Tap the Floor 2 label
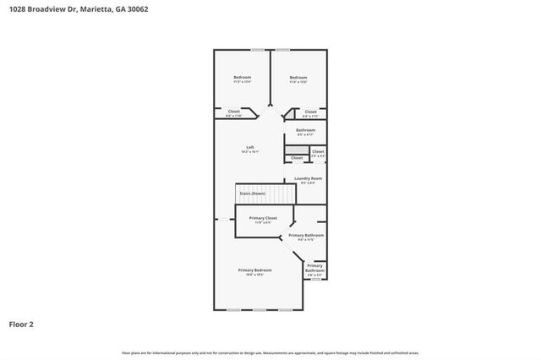tap(22, 324)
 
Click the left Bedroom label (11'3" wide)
tap(243, 78)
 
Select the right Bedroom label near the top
tap(298, 78)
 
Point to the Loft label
tap(250, 147)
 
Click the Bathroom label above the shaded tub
tap(305, 129)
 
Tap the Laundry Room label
tap(308, 178)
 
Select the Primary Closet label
tap(262, 218)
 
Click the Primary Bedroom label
tap(259, 270)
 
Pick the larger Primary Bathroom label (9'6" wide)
tap(307, 236)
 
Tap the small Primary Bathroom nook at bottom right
tap(315, 269)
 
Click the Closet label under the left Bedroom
tap(234, 112)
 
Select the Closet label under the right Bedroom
tap(310, 112)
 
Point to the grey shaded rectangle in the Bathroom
tap(296, 149)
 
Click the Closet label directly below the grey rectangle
tap(297, 158)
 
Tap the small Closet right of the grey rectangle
tap(318, 152)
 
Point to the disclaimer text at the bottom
tap(270, 352)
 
